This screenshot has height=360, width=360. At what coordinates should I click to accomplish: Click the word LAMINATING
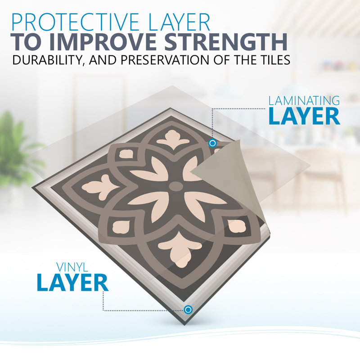304,101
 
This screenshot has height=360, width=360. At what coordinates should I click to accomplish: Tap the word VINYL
72,267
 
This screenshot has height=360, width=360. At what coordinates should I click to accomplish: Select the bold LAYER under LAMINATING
304,116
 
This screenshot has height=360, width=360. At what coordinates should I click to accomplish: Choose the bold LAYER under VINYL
72,283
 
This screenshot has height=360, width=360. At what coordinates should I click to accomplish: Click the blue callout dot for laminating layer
212,143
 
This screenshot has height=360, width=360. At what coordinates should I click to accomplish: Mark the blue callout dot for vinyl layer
188,310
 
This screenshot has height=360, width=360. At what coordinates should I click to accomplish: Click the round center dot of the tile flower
176,186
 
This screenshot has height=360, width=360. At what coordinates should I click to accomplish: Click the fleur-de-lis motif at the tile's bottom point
179,249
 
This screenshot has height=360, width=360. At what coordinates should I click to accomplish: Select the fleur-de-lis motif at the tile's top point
173,139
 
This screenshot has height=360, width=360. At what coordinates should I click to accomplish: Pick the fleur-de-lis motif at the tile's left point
100,187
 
